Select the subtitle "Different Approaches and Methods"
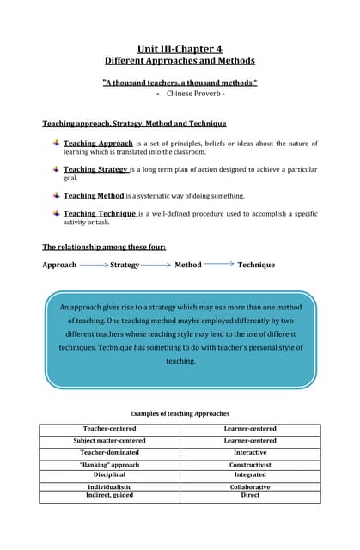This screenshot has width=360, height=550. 180,61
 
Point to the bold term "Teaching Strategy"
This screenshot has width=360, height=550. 95,169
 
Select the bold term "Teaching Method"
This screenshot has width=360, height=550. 94,196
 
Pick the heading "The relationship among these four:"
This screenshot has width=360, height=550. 104,247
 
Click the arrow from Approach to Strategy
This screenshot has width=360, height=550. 95,265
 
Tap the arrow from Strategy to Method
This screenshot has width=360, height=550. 156,265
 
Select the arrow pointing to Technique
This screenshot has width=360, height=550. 219,264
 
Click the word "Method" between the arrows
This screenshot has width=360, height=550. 188,265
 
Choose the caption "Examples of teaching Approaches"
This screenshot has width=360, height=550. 180,413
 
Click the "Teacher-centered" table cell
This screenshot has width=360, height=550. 109,429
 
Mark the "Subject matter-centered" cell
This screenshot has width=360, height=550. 109,441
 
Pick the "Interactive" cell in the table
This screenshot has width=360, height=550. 250,452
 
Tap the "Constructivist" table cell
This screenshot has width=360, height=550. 250,465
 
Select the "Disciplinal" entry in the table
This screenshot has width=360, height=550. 109,474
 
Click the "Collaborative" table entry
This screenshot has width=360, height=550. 250,486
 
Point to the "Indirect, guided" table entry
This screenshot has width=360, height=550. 109,494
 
